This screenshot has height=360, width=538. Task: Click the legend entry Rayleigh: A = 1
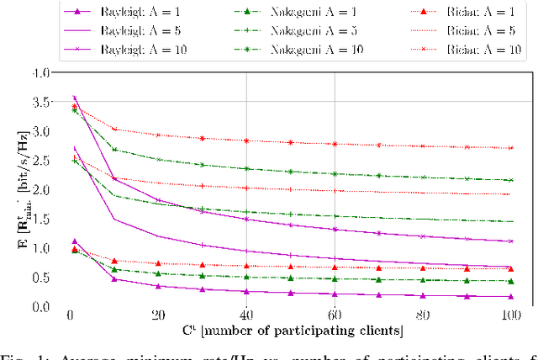(x=124, y=13)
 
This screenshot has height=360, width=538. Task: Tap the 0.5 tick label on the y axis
(x=40, y=278)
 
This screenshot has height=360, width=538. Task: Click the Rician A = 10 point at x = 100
(x=511, y=148)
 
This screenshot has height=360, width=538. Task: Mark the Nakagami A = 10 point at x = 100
(x=511, y=180)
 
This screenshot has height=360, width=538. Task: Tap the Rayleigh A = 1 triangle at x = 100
(x=511, y=296)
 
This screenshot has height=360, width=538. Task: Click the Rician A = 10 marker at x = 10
(x=114, y=130)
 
